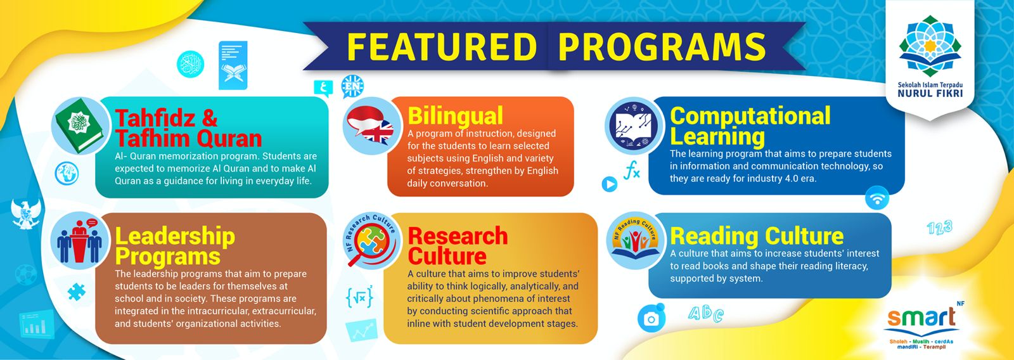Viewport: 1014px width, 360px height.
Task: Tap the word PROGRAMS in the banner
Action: pos(662,46)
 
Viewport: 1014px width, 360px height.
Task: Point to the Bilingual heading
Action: pos(456,115)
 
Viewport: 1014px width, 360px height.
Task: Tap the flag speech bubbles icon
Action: pos(371,125)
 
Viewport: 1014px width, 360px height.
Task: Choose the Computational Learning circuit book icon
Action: pos(633,125)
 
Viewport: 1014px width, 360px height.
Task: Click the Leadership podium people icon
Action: pos(80,241)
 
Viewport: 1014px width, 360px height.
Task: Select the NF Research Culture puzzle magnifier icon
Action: pos(371,241)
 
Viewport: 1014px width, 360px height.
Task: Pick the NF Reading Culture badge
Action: pos(634,241)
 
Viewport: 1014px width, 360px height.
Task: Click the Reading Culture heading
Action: pos(757,236)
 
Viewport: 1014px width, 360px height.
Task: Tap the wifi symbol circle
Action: pos(877,198)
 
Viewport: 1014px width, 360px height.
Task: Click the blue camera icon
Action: pos(651,318)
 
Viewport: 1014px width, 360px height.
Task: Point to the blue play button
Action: pos(609,184)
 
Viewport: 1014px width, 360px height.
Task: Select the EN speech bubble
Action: pos(352,86)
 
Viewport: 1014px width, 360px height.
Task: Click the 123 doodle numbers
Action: pos(940,228)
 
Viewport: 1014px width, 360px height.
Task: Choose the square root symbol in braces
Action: pos(359,297)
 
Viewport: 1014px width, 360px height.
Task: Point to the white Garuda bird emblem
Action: pos(26,214)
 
